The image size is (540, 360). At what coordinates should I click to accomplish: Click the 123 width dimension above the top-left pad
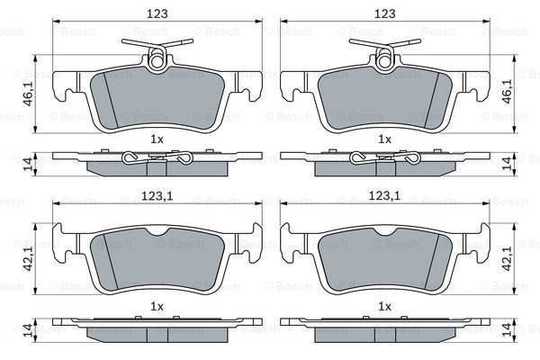[157, 13]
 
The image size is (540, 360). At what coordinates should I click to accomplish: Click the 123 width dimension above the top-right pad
[384, 13]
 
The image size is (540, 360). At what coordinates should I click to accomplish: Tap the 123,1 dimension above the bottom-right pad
[384, 196]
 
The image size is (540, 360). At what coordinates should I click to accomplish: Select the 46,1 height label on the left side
[28, 93]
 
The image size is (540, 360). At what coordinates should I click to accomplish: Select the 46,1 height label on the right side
[507, 91]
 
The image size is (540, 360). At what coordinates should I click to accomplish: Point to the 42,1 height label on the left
[28, 258]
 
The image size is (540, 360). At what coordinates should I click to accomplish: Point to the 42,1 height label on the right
[507, 258]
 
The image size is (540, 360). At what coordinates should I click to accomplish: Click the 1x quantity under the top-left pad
[157, 139]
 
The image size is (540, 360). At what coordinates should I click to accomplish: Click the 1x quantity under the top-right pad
[384, 139]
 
